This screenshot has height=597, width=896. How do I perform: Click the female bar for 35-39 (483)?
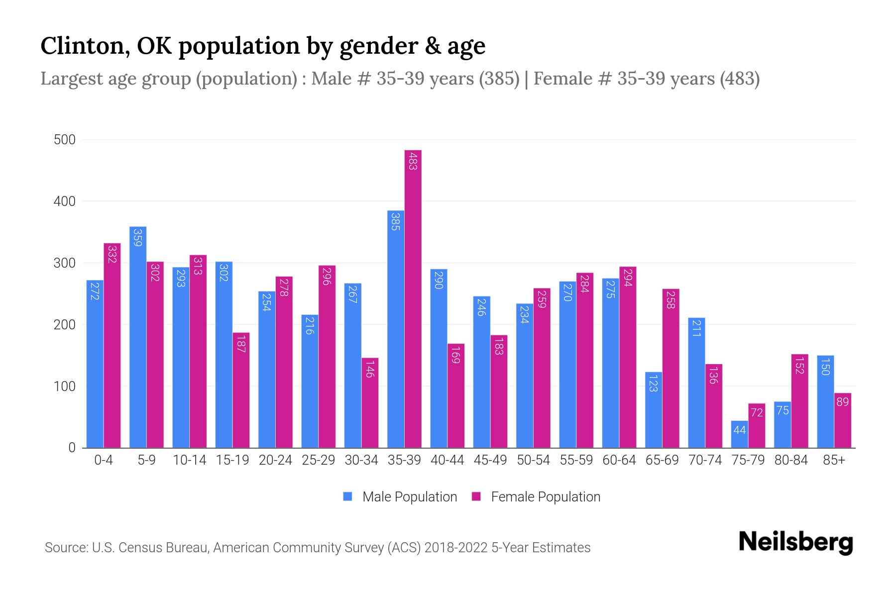pos(413,298)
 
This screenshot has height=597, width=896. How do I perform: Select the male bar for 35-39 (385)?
pos(396,329)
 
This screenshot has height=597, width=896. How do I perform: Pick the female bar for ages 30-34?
pos(370,402)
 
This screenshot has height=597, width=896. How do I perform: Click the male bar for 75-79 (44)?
pos(739,434)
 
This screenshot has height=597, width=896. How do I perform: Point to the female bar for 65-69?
pos(671,368)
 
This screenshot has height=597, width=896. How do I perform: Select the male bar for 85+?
pos(825,401)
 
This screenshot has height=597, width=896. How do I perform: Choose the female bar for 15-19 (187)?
pos(241,390)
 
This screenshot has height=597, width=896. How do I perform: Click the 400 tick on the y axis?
pos(65,201)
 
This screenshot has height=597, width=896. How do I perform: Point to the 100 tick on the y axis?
pos(65,386)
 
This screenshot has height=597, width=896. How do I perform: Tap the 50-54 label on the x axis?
pos(533,460)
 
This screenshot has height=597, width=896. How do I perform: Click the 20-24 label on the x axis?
pos(275,460)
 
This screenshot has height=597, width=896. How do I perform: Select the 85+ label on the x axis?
pos(834,460)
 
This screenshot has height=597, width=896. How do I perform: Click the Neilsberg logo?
pos(795,542)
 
